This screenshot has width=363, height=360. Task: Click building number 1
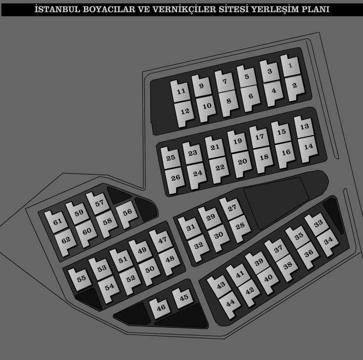(x=290, y=66)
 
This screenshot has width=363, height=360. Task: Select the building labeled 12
(x=185, y=113)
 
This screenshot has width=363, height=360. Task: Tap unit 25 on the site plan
(x=170, y=158)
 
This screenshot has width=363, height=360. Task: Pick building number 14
(x=308, y=148)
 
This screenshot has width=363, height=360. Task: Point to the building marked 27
(x=231, y=208)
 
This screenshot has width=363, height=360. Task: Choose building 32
(x=199, y=247)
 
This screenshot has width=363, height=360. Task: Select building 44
(x=230, y=304)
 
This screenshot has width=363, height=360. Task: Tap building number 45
(x=183, y=298)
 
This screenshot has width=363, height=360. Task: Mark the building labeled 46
(x=160, y=308)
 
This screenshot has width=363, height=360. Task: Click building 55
(x=81, y=279)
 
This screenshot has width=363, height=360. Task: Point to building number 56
(x=127, y=214)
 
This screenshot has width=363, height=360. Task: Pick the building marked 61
(x=57, y=222)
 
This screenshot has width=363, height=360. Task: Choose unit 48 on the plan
(x=170, y=260)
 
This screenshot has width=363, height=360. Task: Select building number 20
(x=242, y=163)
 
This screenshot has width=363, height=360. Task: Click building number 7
(x=224, y=82)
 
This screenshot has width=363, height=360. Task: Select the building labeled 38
(x=287, y=267)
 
